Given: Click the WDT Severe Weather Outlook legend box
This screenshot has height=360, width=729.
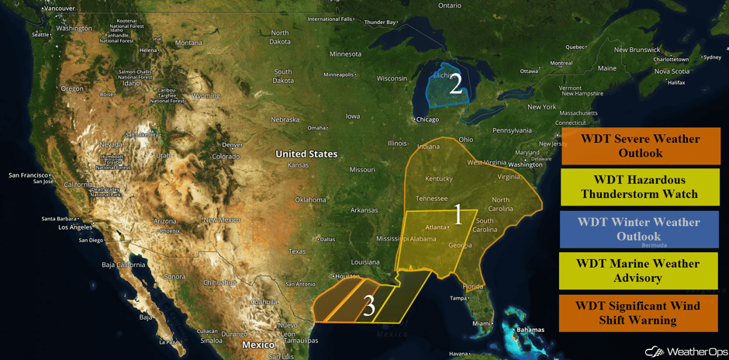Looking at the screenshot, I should coord(640,146).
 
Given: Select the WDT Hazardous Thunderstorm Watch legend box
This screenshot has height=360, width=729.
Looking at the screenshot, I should coord(640,187).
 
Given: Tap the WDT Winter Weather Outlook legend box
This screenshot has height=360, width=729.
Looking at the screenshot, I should coord(640,229).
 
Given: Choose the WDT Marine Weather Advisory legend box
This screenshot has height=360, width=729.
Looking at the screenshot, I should coord(640,270).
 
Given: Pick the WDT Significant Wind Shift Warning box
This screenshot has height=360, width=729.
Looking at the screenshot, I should coord(640,312).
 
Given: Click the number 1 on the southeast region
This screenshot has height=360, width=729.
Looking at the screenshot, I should coord(458,215).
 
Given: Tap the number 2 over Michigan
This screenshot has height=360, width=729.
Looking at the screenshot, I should coord(455,84).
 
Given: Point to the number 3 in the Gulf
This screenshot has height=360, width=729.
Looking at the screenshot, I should coord(369,306).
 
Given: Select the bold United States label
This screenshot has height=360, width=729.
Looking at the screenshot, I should coord(306,154).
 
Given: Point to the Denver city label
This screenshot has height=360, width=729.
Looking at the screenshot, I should coord(232,145).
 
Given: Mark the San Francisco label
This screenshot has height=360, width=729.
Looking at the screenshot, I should coord(29,175).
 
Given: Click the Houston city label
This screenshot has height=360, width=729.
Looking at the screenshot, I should coord(348,276).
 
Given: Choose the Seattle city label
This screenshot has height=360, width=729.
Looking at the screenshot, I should coord(40,34).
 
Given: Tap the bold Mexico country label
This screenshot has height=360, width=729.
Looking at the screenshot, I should coord(257,344).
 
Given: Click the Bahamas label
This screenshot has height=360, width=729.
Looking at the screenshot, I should coord(530,330).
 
